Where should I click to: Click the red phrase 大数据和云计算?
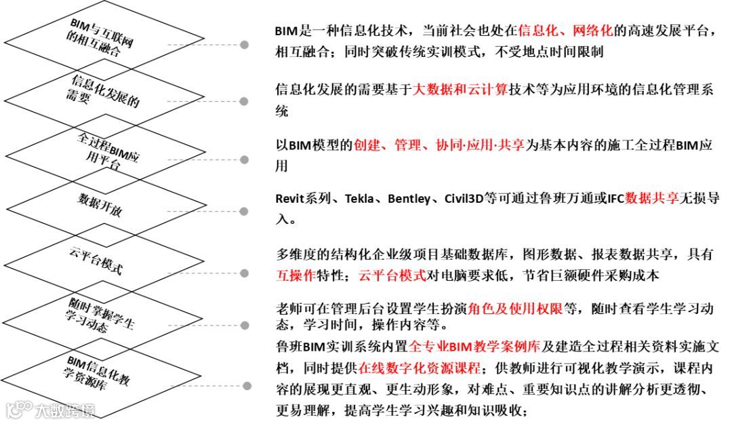click(x=460, y=89)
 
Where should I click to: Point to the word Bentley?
click(x=411, y=199)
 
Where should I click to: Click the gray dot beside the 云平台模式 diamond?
click(x=245, y=272)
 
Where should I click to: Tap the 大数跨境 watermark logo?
click(x=51, y=410)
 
